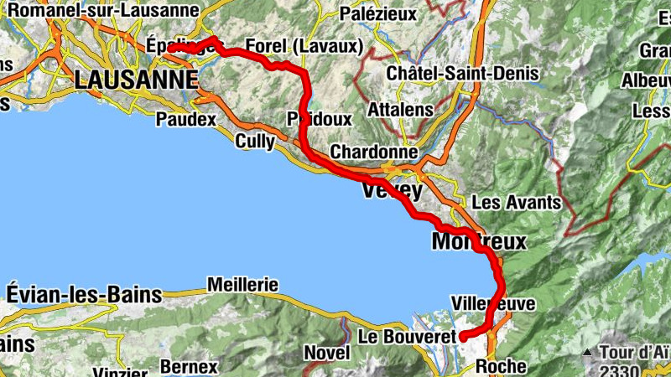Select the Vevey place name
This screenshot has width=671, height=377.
click(x=392, y=191)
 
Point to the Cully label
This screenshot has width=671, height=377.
click(x=254, y=142)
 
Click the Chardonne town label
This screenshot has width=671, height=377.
click(x=373, y=152)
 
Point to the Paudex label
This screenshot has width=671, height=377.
click(x=185, y=120)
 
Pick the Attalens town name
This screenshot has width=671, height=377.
click(x=400, y=110)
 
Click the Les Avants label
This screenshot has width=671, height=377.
click(x=516, y=202)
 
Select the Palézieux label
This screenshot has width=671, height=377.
click(x=379, y=13)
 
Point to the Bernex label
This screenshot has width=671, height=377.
click(x=189, y=367)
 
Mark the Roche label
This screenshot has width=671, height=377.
click(x=500, y=366)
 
